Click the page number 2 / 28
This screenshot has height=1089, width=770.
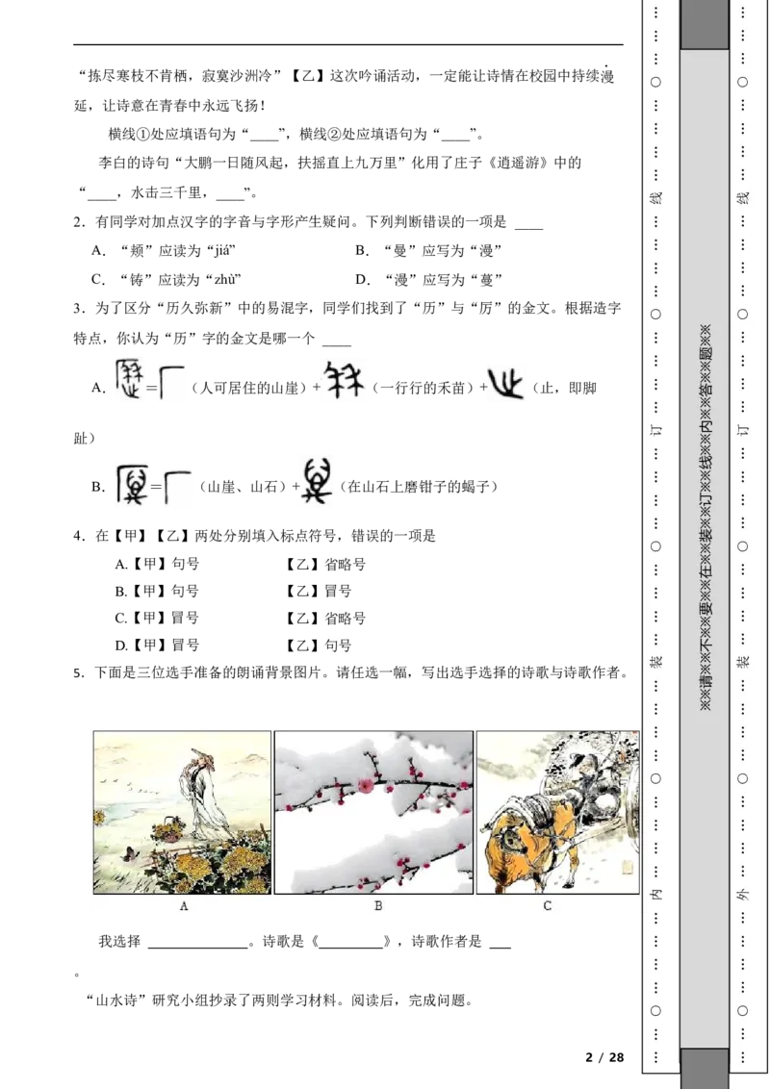[x=604, y=1057]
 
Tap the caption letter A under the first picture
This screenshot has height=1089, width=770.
[x=184, y=905]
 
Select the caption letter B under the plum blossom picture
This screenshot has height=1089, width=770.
[x=378, y=905]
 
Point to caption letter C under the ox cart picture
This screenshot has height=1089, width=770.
[x=547, y=905]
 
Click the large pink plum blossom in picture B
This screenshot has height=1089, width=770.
[x=364, y=786]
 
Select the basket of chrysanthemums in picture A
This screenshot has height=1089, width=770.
[x=168, y=826]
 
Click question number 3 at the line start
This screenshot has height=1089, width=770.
[x=78, y=309]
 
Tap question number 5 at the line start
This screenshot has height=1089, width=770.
[x=78, y=673]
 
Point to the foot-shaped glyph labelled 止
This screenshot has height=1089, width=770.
[x=505, y=384]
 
